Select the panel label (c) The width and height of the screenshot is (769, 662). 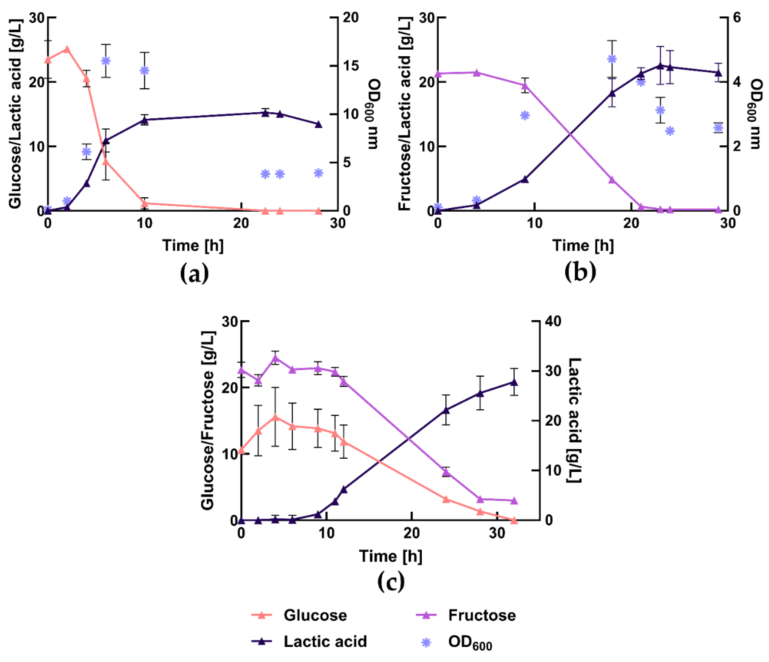[x=391, y=582]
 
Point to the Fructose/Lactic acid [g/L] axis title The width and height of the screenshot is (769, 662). [x=405, y=114]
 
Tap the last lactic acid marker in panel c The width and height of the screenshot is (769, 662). [x=514, y=382]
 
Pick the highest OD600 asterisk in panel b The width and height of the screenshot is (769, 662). [x=612, y=59]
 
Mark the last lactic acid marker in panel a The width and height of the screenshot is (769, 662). [x=318, y=124]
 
